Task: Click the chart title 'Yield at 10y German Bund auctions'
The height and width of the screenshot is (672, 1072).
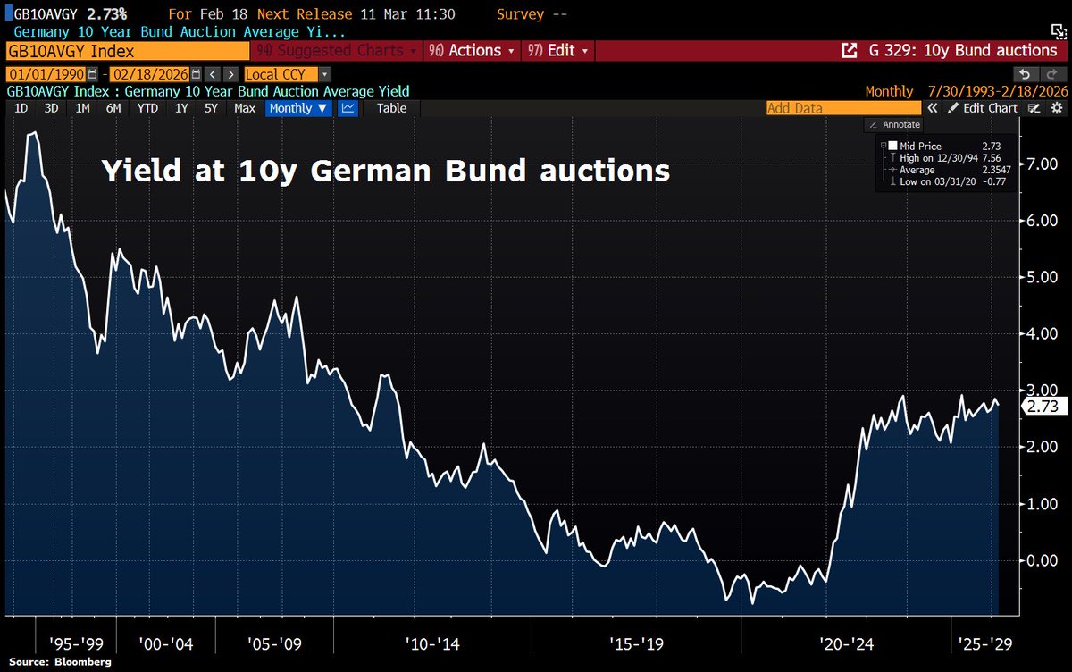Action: pyautogui.click(x=385, y=170)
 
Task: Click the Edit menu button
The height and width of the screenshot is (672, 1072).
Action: pyautogui.click(x=557, y=51)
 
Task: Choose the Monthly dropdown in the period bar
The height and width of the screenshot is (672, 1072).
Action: pyautogui.click(x=297, y=108)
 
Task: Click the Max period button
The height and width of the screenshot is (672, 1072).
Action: pyautogui.click(x=245, y=108)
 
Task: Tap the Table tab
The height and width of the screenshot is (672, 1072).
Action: pyautogui.click(x=391, y=108)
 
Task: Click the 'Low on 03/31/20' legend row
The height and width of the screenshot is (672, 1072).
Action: pyautogui.click(x=929, y=181)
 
